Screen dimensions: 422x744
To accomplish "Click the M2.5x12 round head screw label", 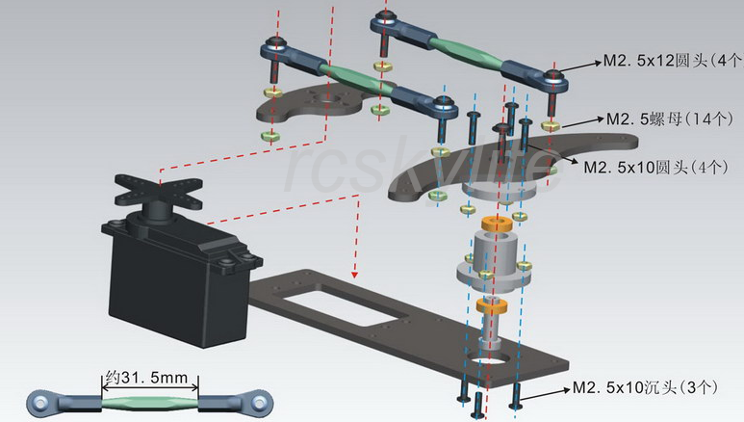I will [669, 60].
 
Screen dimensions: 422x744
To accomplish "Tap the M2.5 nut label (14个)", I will [664, 118].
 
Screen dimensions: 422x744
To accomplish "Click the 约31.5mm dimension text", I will [149, 377].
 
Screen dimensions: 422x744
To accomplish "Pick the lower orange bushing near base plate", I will [491, 307].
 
